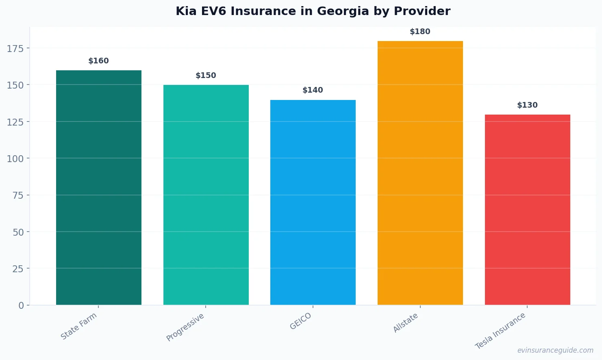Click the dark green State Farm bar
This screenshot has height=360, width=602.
pos(99,187)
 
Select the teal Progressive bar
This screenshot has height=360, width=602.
pos(206,195)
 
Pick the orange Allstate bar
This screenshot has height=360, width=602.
pos(420,173)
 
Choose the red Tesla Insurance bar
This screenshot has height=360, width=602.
pos(527,209)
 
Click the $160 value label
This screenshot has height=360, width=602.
pos(99,61)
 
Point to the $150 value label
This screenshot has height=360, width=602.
pos(206,76)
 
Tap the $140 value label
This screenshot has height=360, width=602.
pos(313,90)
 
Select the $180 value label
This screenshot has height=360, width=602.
pos(420,32)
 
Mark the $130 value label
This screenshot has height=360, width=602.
pos(527,105)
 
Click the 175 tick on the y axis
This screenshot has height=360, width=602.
pos(15,49)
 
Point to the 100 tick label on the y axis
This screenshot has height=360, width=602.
pos(15,159)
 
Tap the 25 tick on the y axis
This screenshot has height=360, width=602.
pos(18,269)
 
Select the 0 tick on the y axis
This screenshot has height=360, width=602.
pos(21,306)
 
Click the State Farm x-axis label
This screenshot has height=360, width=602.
pos(79,326)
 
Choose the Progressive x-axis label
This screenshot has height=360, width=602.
pos(185,327)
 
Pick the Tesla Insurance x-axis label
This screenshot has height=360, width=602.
pos(500,331)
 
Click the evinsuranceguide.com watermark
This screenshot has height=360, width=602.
pos(555,350)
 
